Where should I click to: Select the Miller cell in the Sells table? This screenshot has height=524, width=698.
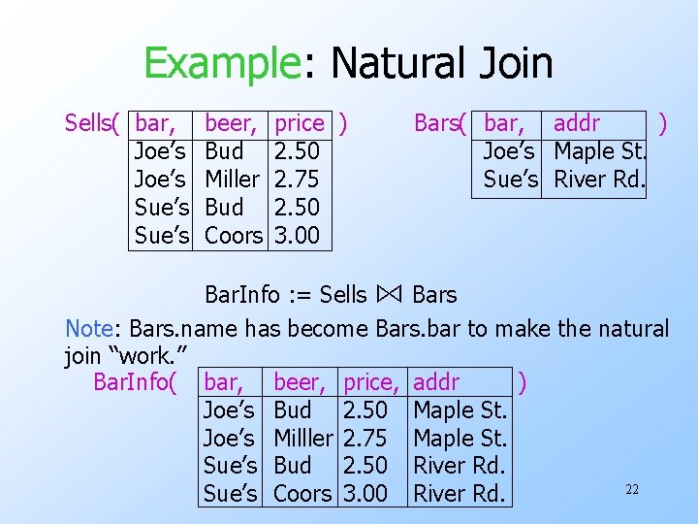coord(232,180)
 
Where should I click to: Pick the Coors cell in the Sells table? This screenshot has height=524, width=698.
coord(234,236)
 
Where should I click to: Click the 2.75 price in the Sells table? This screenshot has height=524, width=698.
coord(298,180)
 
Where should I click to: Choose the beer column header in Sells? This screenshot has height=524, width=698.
coord(231,123)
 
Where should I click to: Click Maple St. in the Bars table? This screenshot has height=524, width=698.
coord(599,151)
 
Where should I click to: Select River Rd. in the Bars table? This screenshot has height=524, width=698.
coord(599,180)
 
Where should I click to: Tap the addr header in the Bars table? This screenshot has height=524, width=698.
coord(576,123)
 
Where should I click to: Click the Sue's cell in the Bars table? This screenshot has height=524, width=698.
coord(509,180)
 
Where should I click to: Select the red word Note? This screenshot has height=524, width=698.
coord(91,329)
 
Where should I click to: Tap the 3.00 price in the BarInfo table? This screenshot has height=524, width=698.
coord(365,494)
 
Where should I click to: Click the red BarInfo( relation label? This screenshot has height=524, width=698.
coord(135,381)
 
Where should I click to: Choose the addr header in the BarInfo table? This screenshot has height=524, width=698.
coord(436,381)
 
